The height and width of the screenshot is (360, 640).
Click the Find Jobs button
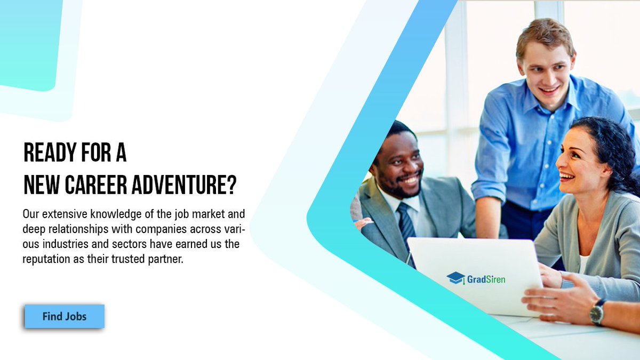point(65,316)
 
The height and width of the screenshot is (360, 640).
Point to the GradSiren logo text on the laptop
point(486,278)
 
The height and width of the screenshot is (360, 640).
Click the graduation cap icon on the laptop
point(456,278)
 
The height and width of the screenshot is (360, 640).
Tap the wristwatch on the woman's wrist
point(597,313)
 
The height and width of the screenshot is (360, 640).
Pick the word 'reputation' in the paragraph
point(46,259)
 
